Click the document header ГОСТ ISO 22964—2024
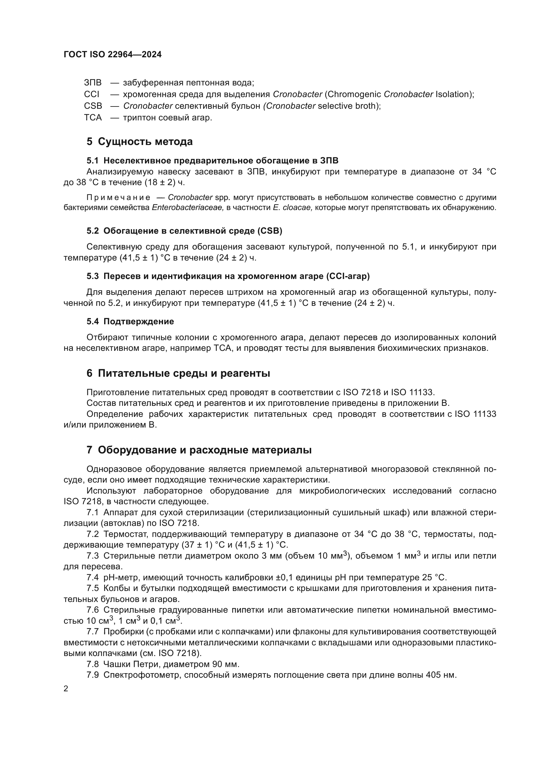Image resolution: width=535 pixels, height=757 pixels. click(112, 55)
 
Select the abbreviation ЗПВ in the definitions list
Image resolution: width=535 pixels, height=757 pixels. click(93, 83)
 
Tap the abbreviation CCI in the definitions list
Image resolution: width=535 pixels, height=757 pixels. click(91, 94)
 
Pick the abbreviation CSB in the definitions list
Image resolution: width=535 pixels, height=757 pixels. click(93, 106)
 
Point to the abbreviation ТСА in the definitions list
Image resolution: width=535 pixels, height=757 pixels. click(93, 118)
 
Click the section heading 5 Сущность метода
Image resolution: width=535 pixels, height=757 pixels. click(139, 142)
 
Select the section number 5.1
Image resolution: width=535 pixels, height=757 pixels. click(93, 161)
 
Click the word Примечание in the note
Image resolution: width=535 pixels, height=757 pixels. click(118, 198)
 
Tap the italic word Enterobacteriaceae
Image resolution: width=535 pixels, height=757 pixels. click(188, 208)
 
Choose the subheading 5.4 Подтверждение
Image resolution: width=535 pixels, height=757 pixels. click(130, 321)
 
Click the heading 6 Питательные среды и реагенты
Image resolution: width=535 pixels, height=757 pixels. click(178, 373)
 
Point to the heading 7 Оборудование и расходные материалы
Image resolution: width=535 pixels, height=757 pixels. click(199, 450)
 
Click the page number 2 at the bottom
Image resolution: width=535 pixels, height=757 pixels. click(66, 689)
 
